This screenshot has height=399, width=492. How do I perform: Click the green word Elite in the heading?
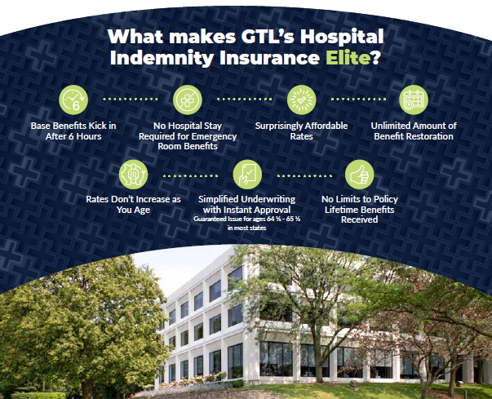click(x=348, y=57)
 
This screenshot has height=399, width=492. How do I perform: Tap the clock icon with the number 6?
click(x=73, y=100)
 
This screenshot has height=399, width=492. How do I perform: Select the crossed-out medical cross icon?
click(x=188, y=100)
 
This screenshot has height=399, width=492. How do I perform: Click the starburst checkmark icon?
click(x=301, y=100)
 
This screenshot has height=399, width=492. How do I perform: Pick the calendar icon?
click(x=414, y=100)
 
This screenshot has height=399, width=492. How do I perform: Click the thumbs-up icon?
click(x=359, y=175)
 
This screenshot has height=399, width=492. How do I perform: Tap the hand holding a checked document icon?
click(x=247, y=175)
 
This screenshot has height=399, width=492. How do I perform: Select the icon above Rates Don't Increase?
click(x=133, y=175)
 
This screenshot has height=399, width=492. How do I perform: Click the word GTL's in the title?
click(x=268, y=36)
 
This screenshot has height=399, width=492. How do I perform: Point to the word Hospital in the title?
click(x=342, y=38)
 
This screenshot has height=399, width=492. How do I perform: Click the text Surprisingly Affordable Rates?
click(x=301, y=131)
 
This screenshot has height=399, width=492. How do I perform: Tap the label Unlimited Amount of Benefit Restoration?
click(x=414, y=131)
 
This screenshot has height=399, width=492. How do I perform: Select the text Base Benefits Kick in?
click(x=73, y=126)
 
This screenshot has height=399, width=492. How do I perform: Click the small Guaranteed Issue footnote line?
click(x=247, y=219)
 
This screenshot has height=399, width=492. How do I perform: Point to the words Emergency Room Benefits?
click(x=188, y=141)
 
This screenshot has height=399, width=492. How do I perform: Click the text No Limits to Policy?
click(x=360, y=199)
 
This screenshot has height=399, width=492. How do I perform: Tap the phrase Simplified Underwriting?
click(x=247, y=199)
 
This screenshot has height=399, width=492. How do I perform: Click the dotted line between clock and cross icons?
click(x=131, y=99)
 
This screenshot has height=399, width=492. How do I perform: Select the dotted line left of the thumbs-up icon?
click(x=304, y=175)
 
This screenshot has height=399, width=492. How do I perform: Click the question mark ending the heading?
click(x=375, y=57)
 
